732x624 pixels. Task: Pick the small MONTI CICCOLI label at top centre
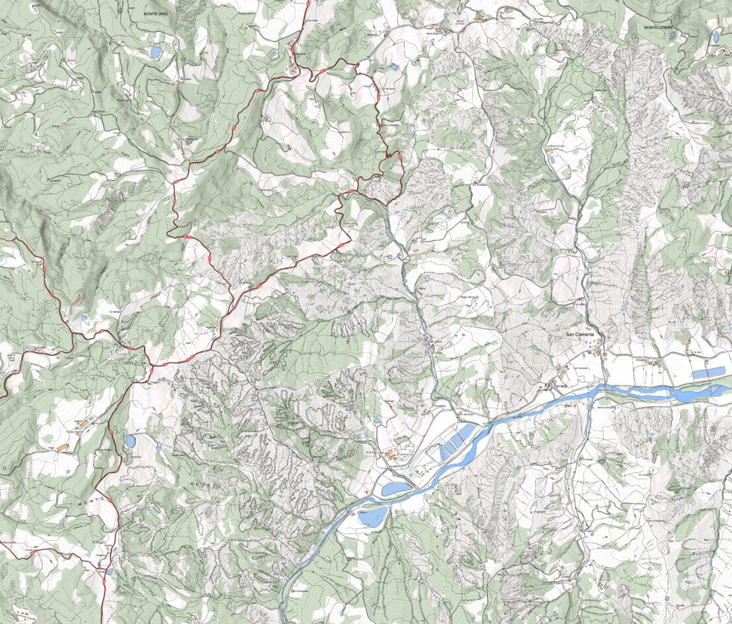[x=460, y=21]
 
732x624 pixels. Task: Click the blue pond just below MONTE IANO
[x=155, y=51]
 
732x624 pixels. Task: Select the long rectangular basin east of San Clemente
[x=708, y=373]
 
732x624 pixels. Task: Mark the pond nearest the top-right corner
[x=715, y=37]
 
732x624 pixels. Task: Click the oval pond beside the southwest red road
[x=131, y=441]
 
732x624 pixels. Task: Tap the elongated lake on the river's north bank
[x=396, y=489]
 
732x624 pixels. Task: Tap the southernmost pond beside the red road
[x=110, y=570]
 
